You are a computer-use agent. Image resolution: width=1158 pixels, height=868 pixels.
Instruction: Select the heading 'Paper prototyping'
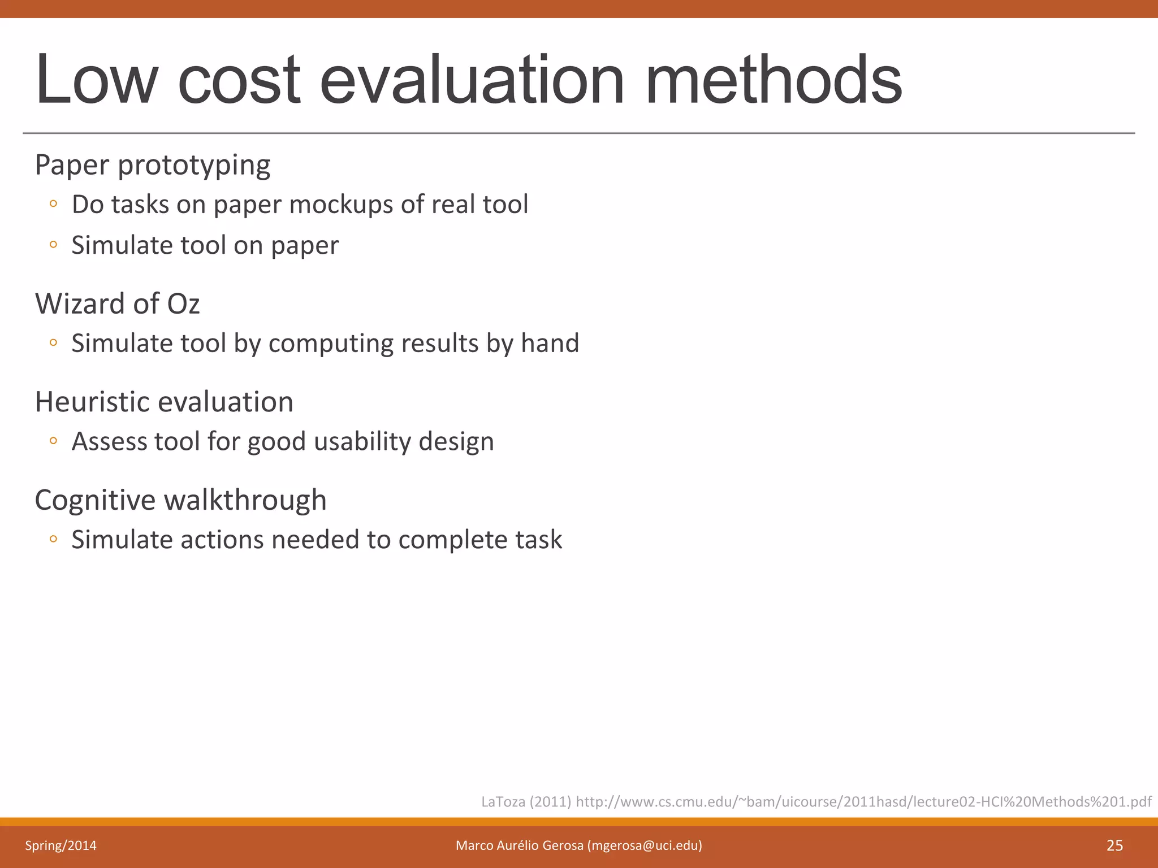(153, 166)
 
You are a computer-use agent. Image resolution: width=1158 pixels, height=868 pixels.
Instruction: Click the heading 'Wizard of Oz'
(118, 303)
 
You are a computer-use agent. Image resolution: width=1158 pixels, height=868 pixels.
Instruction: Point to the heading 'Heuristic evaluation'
(164, 402)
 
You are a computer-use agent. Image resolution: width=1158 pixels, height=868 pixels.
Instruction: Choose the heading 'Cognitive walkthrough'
(181, 500)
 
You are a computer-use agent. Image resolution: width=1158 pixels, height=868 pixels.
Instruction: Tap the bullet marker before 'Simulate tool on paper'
(53, 245)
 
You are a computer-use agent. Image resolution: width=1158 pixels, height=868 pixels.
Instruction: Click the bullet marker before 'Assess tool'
(53, 441)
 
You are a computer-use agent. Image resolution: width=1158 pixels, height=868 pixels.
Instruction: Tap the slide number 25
(1114, 845)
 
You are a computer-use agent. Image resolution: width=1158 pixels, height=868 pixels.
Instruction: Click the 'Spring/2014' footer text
(61, 845)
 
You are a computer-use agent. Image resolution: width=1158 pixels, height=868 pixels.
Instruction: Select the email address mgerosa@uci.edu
(644, 845)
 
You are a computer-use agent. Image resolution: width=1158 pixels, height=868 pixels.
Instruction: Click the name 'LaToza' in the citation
(503, 802)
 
